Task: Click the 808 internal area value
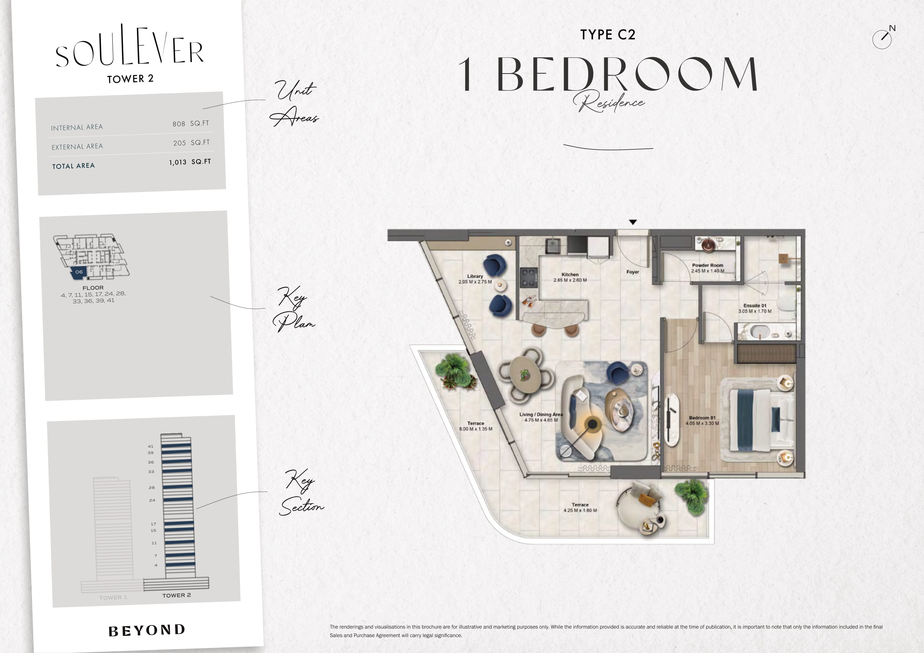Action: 179,124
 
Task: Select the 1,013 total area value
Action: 177,162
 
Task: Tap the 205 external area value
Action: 180,143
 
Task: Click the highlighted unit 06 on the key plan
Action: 78,272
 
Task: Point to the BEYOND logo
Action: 147,630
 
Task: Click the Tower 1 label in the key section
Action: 113,597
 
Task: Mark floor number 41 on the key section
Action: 151,446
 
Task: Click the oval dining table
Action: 525,375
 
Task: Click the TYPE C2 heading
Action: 608,35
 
